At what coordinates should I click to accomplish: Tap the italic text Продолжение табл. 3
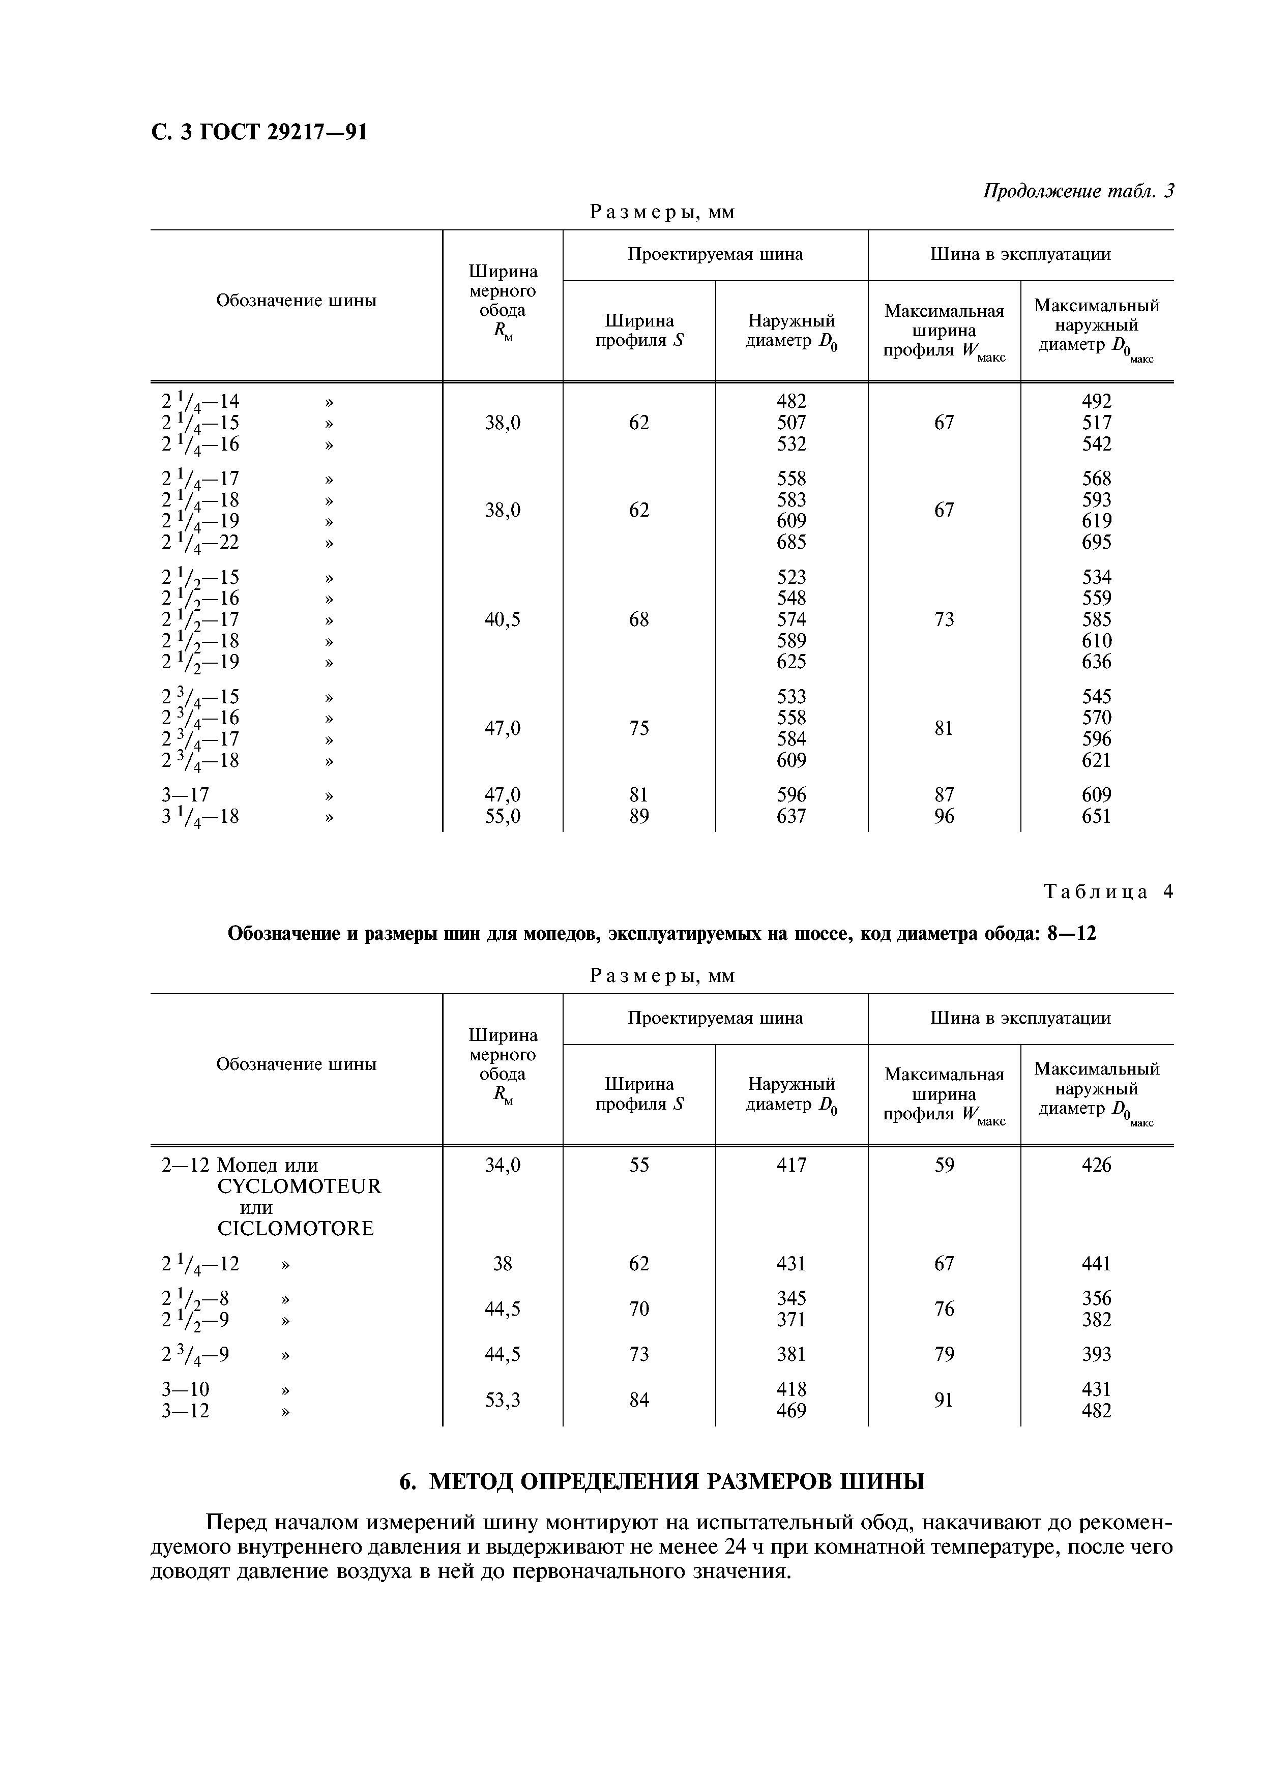[x=1078, y=190]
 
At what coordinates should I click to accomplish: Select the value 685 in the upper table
[x=791, y=542]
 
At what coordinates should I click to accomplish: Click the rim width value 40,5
[x=502, y=619]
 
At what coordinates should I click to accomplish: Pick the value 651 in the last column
[x=1096, y=816]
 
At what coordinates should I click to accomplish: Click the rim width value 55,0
[x=502, y=816]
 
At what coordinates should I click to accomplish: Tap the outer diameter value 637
[x=791, y=816]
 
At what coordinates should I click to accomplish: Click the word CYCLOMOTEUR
[x=299, y=1186]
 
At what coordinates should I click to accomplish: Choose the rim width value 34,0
[x=502, y=1165]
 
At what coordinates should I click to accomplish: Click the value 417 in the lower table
[x=791, y=1165]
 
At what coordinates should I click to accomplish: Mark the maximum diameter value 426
[x=1096, y=1165]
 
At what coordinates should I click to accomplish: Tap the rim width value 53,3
[x=502, y=1400]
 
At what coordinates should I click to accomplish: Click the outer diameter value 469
[x=791, y=1410]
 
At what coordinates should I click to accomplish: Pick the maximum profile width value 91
[x=943, y=1400]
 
